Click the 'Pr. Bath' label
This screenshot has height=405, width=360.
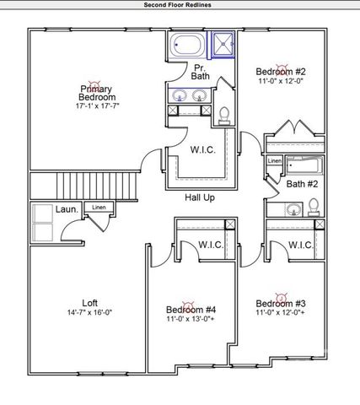pyautogui.click(x=200, y=72)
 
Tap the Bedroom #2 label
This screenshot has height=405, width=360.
pyautogui.click(x=280, y=72)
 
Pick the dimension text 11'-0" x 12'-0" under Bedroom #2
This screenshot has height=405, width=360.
pyautogui.click(x=281, y=83)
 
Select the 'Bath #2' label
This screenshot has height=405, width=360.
pyautogui.click(x=301, y=184)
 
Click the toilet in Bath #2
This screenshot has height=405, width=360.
pyautogui.click(x=313, y=206)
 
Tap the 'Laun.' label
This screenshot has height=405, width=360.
pyautogui.click(x=68, y=208)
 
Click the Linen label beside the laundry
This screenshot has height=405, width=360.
pyautogui.click(x=99, y=207)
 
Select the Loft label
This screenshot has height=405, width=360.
pyautogui.click(x=89, y=303)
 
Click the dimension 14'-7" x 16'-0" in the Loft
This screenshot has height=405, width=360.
pyautogui.click(x=89, y=313)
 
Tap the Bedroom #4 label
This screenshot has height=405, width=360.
pyautogui.click(x=191, y=310)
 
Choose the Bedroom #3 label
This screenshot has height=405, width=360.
pyautogui.click(x=281, y=304)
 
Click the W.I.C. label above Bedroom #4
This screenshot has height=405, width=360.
pyautogui.click(x=210, y=246)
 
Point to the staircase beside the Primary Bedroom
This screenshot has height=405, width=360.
pyautogui.click(x=84, y=183)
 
